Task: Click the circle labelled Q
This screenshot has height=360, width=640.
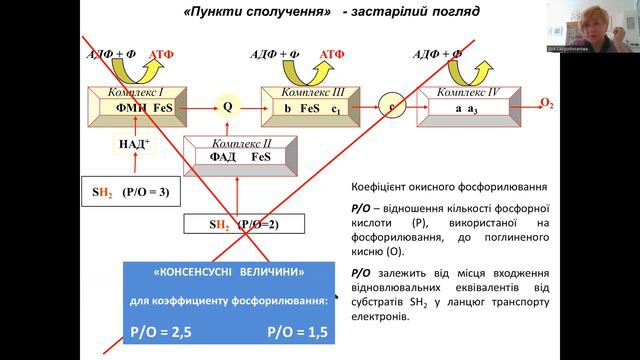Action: tap(227, 105)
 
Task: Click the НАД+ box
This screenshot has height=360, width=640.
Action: tap(134, 146)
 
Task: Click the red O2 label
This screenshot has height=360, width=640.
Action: tap(546, 102)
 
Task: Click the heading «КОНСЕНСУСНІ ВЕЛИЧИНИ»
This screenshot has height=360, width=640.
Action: tap(229, 272)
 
